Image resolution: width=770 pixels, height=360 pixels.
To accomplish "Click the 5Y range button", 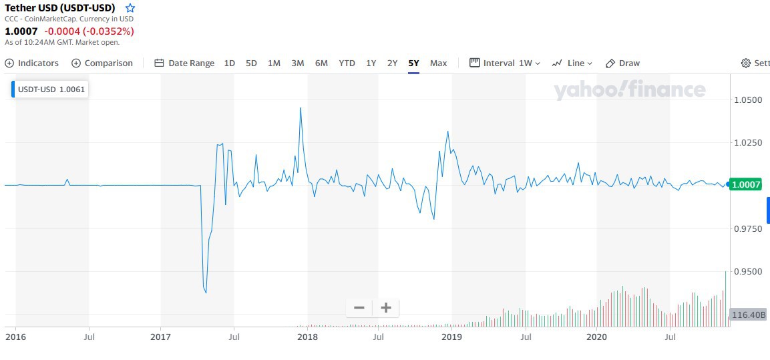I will coord(414,63).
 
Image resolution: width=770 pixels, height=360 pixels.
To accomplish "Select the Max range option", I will coord(438,63).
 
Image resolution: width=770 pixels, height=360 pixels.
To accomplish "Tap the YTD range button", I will coord(347,63).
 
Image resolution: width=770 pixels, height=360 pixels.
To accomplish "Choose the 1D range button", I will coord(229,63).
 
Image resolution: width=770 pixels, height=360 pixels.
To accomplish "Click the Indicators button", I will coord(32,63).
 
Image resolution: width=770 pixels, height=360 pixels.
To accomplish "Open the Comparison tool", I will coord(102,63).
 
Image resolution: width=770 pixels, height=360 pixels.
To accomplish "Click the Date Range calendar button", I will coord(184,63).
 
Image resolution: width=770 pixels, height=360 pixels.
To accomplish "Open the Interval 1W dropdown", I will coord(505,63).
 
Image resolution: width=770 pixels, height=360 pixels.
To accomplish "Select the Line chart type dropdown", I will coord(572,63).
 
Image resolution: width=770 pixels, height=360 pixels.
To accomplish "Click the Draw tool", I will coord(622,63).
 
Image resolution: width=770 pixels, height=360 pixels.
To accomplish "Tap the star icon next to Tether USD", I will coord(130,8).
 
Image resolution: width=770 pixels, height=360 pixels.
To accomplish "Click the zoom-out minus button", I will coord(359,308).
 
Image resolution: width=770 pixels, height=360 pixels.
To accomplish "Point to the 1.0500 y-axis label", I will coord(747,100).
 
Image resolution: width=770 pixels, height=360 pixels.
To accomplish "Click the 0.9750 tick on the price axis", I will coord(747,229).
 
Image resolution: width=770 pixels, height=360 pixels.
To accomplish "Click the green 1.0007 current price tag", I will coord(746,185).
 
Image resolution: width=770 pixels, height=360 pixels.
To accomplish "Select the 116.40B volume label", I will coord(747,315).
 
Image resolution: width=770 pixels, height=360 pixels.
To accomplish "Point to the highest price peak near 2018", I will coord(301,108).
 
